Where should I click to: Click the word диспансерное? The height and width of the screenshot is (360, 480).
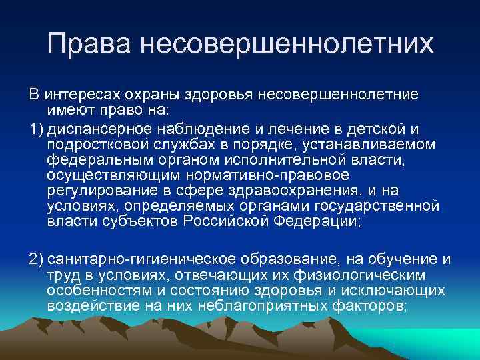pos(97,127)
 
